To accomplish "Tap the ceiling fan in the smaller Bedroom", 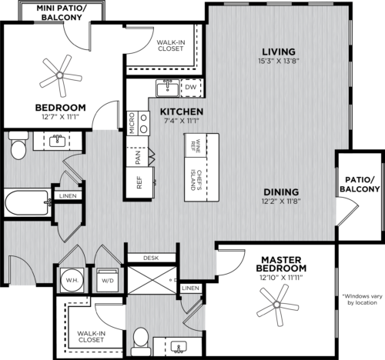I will click(x=61, y=75).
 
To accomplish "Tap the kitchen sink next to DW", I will click(x=166, y=88).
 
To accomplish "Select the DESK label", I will click(x=150, y=258).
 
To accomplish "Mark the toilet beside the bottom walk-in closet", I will click(x=140, y=338).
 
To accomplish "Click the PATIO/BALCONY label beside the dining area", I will click(x=359, y=183).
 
